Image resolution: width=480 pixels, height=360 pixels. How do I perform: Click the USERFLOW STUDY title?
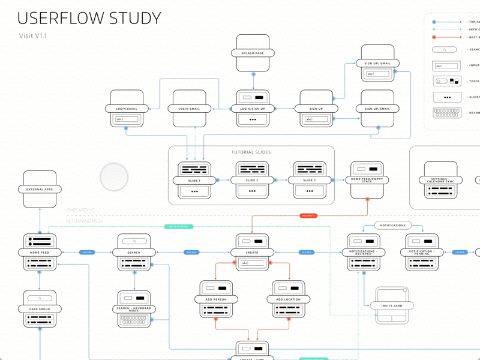(89, 19)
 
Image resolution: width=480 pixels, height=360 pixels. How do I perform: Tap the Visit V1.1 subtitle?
(33, 36)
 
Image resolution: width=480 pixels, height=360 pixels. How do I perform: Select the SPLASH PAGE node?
(253, 53)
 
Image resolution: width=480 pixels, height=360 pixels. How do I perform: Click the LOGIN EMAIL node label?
(126, 109)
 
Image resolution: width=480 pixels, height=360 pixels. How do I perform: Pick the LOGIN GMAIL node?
(189, 109)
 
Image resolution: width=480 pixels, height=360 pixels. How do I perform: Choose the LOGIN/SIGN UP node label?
(253, 109)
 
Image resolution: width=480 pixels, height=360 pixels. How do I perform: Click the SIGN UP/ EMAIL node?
(377, 63)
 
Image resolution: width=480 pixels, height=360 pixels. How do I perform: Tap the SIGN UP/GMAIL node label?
(377, 109)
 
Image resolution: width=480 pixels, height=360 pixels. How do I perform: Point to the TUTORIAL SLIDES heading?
(251, 152)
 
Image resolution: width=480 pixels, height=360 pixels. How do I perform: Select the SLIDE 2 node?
(253, 181)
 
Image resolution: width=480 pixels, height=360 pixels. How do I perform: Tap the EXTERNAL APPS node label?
(40, 190)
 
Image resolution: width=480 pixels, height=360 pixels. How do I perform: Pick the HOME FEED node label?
(40, 253)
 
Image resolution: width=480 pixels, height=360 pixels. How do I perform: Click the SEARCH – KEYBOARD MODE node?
(134, 310)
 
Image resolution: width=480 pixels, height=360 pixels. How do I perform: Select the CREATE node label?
(253, 253)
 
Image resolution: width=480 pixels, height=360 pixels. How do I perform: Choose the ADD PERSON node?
(215, 299)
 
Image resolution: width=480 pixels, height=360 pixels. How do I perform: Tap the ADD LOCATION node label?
(289, 299)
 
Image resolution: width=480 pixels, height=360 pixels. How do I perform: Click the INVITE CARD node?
(391, 305)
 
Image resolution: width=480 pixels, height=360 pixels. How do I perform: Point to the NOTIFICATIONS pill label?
(392, 226)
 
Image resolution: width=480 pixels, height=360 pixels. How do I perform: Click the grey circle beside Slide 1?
(114, 178)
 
